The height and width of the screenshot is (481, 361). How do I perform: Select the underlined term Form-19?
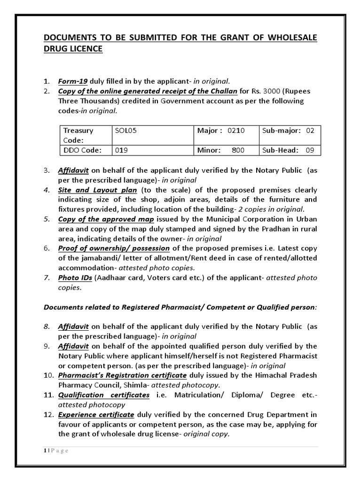pos(72,81)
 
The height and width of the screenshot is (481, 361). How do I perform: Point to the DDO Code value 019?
pos(121,150)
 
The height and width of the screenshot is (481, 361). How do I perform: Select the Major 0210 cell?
pos(226,131)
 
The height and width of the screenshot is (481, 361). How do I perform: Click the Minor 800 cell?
pos(226,150)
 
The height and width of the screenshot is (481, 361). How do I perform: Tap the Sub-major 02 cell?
pos(289,131)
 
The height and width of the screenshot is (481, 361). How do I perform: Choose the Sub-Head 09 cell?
pos(289,150)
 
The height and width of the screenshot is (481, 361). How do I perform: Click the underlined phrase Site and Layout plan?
pos(98,190)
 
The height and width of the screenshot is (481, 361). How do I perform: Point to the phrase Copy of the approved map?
pos(106,219)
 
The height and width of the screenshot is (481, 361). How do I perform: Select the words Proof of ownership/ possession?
pos(114,248)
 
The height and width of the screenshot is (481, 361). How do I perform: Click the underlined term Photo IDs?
pos(75,278)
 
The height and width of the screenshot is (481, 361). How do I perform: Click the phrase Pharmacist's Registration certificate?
pos(122,375)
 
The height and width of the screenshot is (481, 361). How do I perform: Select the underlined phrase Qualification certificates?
pos(104,395)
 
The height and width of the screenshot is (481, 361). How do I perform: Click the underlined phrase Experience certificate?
pos(96,414)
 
